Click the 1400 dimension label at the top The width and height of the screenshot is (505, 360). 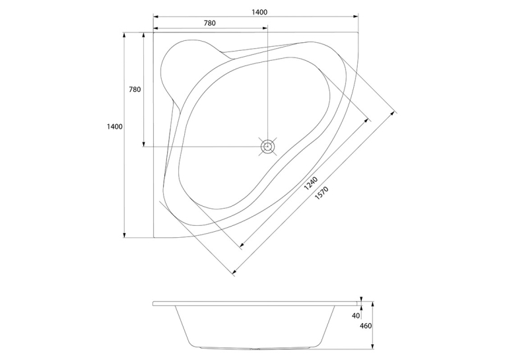pyautogui.click(x=259, y=13)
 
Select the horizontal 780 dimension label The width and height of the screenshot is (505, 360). pyautogui.click(x=210, y=23)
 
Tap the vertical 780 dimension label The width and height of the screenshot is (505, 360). pyautogui.click(x=135, y=89)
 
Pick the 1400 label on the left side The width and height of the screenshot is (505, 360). pyautogui.click(x=115, y=127)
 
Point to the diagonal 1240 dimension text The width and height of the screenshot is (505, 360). pyautogui.click(x=311, y=184)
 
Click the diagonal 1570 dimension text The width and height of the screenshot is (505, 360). pyautogui.click(x=321, y=193)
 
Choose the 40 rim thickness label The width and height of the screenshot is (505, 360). pyautogui.click(x=356, y=316)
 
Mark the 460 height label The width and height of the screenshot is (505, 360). pyautogui.click(x=366, y=326)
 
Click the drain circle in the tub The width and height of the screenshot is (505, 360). pyautogui.click(x=267, y=147)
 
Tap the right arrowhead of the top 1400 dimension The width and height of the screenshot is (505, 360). pyautogui.click(x=356, y=17)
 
